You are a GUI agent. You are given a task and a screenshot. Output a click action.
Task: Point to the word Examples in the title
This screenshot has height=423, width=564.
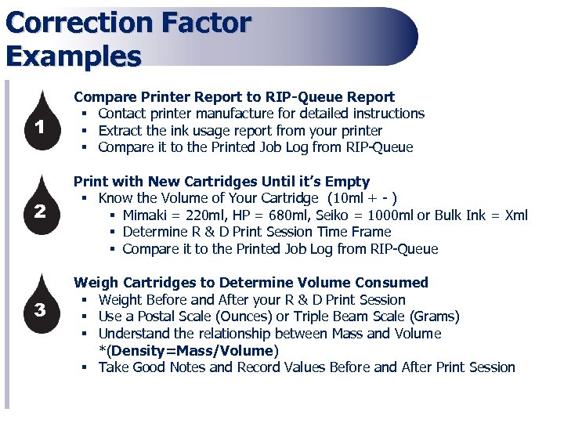pos(73,56)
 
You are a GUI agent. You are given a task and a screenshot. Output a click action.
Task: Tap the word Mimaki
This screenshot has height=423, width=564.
pos(148,215)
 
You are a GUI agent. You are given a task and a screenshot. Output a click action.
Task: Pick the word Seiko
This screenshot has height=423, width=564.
pos(320,215)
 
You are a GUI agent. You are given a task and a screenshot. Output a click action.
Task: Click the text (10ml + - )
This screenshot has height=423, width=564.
pos(367,198)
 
